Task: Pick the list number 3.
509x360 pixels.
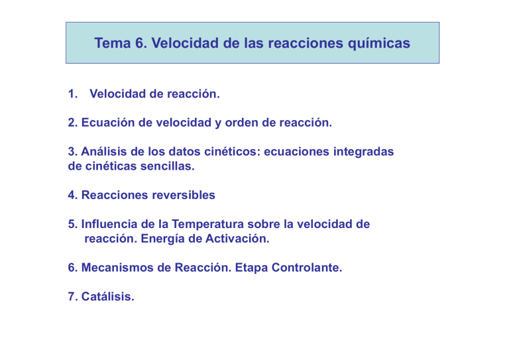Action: (72, 152)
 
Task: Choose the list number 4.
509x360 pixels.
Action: (72, 196)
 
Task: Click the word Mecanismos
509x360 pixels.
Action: (116, 269)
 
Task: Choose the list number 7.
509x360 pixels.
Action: (72, 298)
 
